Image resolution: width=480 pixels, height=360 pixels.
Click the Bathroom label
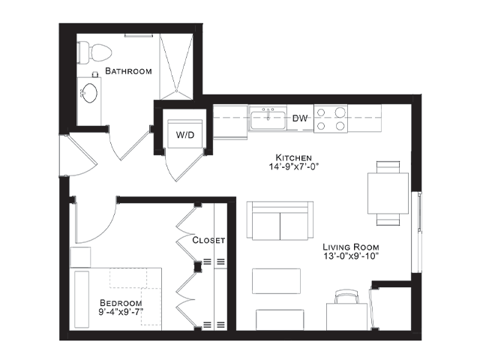point(128,71)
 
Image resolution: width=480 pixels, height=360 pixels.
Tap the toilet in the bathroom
point(95,52)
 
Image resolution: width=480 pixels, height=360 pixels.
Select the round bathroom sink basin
point(90,93)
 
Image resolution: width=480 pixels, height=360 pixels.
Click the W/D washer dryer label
point(185,135)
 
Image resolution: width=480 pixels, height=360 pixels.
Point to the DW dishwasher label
point(300,118)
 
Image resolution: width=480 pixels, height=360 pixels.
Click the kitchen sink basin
point(268,120)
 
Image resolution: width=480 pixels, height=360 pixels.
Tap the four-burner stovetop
point(331,118)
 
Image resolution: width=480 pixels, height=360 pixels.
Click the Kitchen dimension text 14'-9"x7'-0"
point(294,166)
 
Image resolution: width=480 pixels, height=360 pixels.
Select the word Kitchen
point(294,157)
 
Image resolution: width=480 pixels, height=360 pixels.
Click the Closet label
point(208,240)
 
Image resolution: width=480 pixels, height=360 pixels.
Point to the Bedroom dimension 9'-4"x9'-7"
point(121,312)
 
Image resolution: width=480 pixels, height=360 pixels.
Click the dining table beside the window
point(388,193)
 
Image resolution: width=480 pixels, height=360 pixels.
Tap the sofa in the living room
point(280,220)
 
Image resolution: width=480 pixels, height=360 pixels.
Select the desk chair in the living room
point(346,297)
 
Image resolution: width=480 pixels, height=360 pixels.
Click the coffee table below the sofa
point(276,281)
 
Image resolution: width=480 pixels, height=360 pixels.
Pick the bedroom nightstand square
point(80,257)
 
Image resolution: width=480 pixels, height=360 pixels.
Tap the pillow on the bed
point(82,299)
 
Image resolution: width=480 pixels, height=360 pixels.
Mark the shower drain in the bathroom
point(177,91)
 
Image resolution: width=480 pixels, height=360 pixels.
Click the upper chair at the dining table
point(388,167)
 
